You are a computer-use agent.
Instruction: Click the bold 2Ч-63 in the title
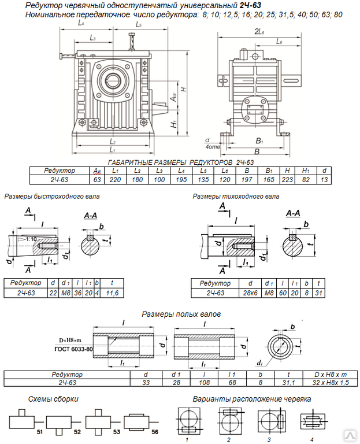tap(250, 5)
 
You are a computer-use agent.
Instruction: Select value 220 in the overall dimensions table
tap(115, 180)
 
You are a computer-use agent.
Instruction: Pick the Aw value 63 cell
tap(97, 180)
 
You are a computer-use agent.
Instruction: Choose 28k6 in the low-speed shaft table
tap(250, 293)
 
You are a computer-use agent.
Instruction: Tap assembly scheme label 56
tap(154, 431)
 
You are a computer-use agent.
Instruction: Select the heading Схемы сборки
tap(53, 399)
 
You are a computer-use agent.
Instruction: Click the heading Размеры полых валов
tap(180, 314)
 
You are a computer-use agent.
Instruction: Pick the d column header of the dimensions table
tap(325, 171)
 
